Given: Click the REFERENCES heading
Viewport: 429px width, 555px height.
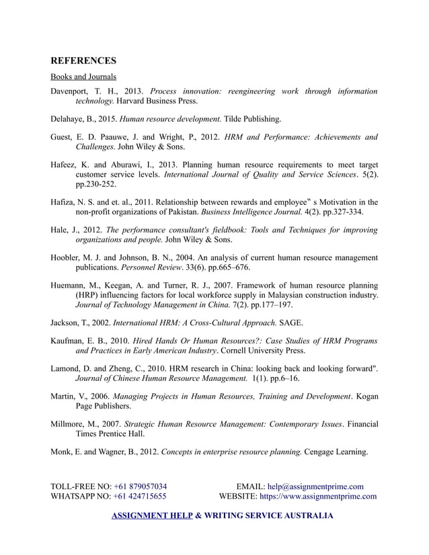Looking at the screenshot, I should tap(83, 60).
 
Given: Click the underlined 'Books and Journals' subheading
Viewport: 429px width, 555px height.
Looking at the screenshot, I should tap(83, 77).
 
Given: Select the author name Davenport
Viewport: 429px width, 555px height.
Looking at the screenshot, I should tap(73, 91).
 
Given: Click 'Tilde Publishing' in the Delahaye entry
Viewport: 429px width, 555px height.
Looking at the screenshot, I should tap(252, 120).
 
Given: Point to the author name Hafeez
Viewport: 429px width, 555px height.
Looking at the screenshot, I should tap(66, 165).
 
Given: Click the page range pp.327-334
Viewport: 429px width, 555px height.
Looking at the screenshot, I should tap(339, 212).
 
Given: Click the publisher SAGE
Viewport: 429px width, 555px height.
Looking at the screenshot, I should tap(293, 323).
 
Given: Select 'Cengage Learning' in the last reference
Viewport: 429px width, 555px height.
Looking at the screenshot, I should tap(336, 452).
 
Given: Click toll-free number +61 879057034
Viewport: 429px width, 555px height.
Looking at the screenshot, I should tap(141, 486).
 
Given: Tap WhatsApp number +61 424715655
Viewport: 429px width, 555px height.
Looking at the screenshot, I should tap(141, 497).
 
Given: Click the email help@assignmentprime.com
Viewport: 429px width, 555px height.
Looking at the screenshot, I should tap(315, 486).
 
